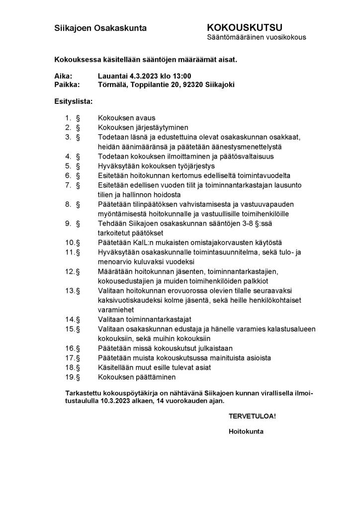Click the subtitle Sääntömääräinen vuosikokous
click(x=256, y=37)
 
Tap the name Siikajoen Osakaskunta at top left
click(x=100, y=28)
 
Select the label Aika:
click(x=63, y=76)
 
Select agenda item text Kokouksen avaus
click(x=127, y=118)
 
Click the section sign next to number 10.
click(x=78, y=243)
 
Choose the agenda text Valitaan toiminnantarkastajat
click(x=145, y=319)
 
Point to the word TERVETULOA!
click(x=252, y=416)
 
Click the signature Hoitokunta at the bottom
click(x=246, y=431)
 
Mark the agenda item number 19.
click(x=70, y=377)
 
